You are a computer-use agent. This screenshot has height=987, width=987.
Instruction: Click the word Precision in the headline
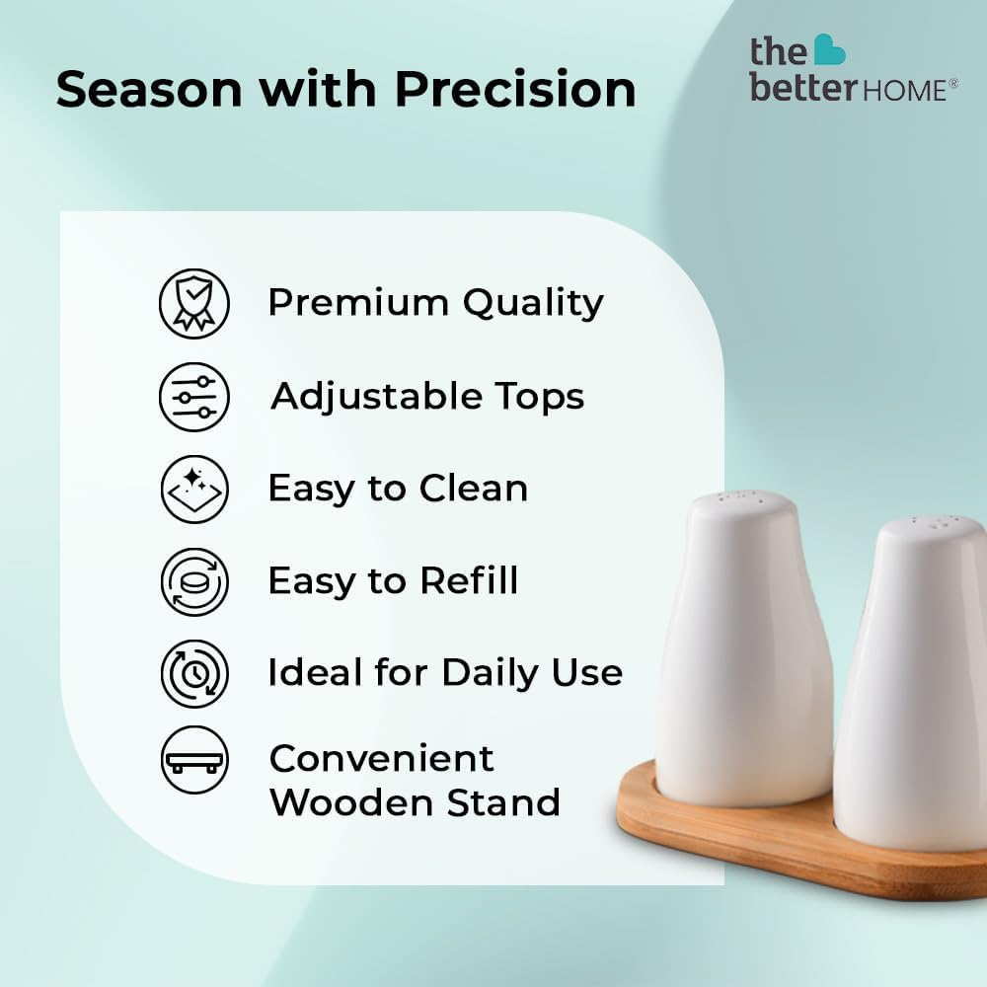click(x=515, y=90)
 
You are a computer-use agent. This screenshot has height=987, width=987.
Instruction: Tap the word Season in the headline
click(x=149, y=90)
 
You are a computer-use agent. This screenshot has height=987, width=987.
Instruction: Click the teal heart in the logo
click(x=830, y=49)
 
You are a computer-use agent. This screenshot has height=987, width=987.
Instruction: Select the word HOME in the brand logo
click(x=903, y=91)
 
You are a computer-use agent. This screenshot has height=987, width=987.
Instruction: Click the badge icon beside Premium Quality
click(x=194, y=303)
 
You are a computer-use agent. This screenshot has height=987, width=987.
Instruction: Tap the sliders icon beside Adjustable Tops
click(x=194, y=397)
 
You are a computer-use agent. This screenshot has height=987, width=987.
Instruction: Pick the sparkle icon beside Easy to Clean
click(x=194, y=490)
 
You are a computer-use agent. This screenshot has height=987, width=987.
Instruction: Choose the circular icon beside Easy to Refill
click(x=194, y=581)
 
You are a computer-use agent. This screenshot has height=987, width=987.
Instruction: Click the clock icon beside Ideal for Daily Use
click(x=194, y=673)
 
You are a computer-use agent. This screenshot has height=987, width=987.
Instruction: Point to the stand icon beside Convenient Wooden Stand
click(x=194, y=760)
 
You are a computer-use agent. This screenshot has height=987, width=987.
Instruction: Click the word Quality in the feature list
click(x=533, y=303)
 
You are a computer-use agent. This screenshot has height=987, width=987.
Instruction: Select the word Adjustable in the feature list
click(x=377, y=397)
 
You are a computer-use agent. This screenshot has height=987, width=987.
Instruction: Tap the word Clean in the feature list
click(x=474, y=489)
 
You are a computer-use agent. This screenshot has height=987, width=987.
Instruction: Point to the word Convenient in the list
click(x=381, y=758)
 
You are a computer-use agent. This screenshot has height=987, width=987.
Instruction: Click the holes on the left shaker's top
click(x=741, y=497)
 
